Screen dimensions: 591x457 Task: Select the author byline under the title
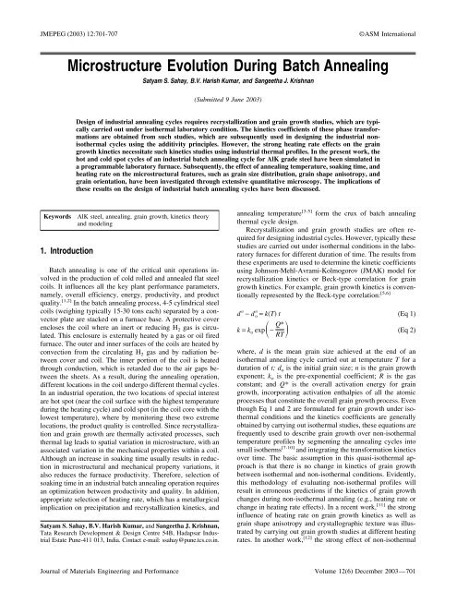(228, 65)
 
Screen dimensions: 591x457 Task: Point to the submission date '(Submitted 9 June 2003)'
(228, 93)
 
